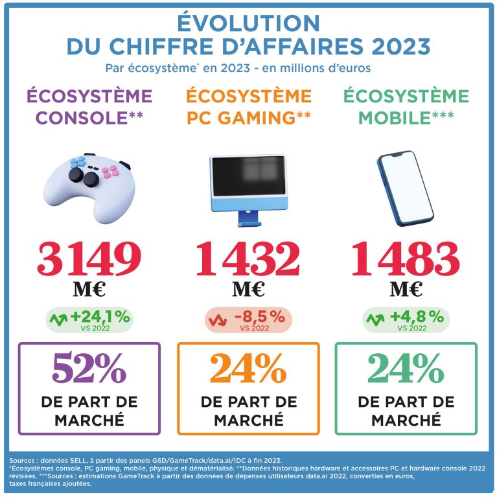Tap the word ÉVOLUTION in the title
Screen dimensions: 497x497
(x=248, y=23)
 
